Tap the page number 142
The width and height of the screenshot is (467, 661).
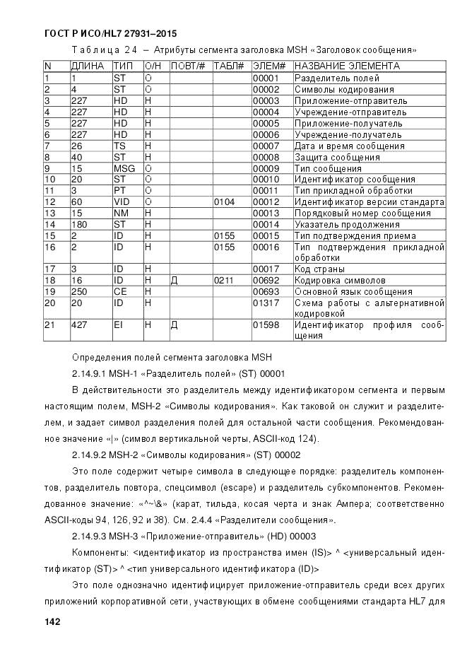click(x=52, y=621)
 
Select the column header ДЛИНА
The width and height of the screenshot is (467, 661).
click(x=88, y=66)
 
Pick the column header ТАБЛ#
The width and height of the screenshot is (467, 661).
click(x=228, y=66)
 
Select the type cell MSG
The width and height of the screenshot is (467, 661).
click(x=124, y=168)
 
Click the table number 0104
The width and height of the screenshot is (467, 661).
click(x=224, y=202)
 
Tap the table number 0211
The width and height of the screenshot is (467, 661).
click(x=224, y=281)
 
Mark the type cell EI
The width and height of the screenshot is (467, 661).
click(x=118, y=325)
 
